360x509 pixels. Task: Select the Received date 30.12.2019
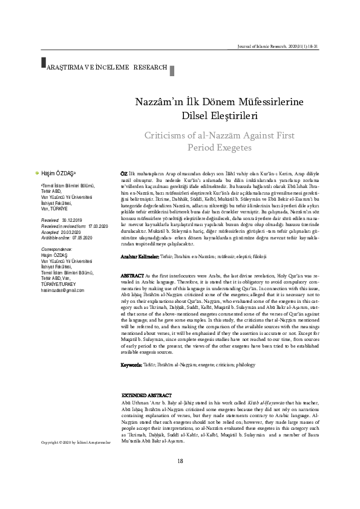(71, 221)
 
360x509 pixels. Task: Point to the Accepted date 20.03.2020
(72, 231)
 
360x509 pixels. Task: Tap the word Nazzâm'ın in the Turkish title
(156, 103)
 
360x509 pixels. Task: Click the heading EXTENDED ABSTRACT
(148, 394)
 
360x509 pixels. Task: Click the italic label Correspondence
(56, 248)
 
